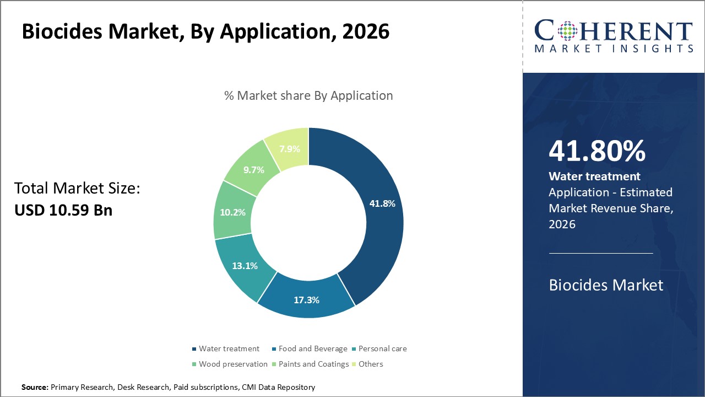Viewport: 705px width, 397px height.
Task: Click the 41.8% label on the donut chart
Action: pos(382,203)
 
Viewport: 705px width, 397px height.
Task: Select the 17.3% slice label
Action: pos(306,300)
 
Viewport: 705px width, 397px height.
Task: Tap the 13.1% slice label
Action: pos(245,266)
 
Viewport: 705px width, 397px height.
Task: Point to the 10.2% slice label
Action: pos(232,212)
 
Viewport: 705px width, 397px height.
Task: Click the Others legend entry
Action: pos(370,364)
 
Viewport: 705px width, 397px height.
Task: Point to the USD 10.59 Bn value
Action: pos(63,210)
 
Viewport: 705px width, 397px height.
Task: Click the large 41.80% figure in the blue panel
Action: pos(597,152)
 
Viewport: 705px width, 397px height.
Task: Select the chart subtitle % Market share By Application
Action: pos(308,96)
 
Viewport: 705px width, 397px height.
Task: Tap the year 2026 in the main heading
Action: pos(366,31)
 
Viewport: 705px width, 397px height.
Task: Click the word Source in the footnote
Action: pos(35,388)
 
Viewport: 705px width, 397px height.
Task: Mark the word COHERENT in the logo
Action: pos(614,31)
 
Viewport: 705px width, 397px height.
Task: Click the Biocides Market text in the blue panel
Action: pos(606,285)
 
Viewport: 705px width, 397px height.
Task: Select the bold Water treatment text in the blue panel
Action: pos(594,176)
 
